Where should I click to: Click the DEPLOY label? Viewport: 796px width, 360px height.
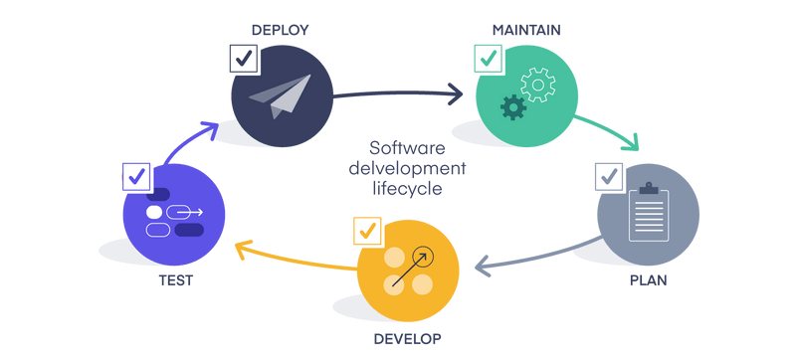click(x=280, y=30)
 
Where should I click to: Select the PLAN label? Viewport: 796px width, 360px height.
click(x=648, y=280)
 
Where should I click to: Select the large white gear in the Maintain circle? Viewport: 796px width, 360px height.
click(x=538, y=85)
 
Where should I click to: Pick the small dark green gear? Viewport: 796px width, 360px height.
click(x=512, y=106)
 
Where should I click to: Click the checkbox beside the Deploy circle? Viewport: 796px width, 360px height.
click(x=245, y=59)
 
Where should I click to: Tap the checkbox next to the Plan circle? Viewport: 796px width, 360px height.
click(x=610, y=179)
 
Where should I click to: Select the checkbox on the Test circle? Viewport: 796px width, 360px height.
click(x=136, y=178)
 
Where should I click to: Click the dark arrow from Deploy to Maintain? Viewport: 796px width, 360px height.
click(x=398, y=95)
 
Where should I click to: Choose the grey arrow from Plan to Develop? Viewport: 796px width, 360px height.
click(x=537, y=259)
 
